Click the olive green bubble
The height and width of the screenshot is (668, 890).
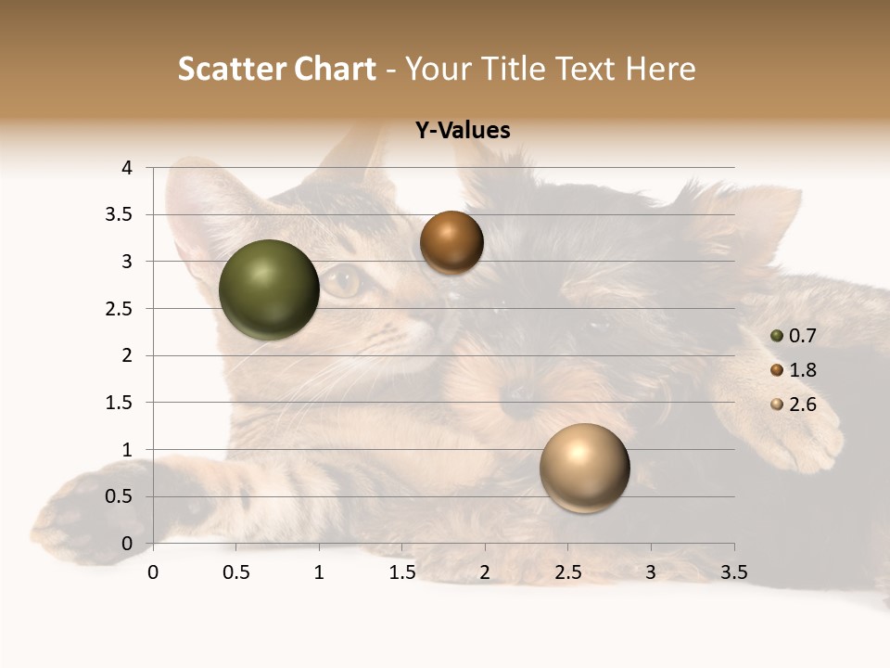pyautogui.click(x=270, y=289)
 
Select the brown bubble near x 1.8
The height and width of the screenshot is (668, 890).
pyautogui.click(x=451, y=242)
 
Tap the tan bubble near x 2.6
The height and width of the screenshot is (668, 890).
pyautogui.click(x=584, y=468)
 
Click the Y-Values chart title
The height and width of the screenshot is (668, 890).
pyautogui.click(x=462, y=131)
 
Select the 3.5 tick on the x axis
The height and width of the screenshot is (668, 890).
pyautogui.click(x=733, y=572)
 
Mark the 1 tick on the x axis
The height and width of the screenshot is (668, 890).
pyautogui.click(x=319, y=572)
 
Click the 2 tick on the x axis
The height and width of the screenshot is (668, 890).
pyautogui.click(x=485, y=572)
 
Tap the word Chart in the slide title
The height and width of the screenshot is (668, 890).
pyautogui.click(x=334, y=69)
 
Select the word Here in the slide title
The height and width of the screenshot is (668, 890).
pyautogui.click(x=660, y=69)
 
